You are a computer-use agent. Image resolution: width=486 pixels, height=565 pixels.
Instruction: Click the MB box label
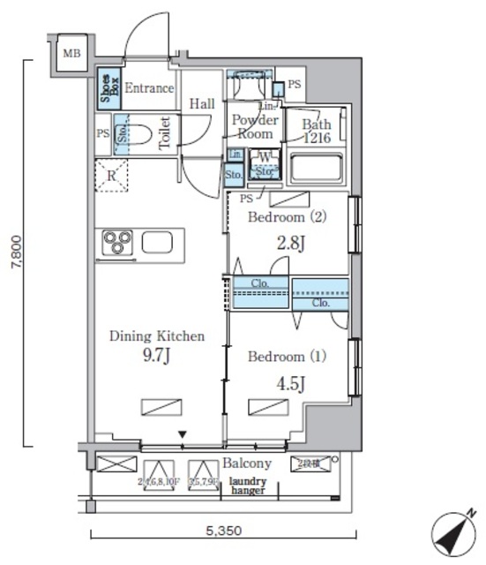(71, 54)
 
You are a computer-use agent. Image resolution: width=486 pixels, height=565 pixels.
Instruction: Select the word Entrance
(148, 88)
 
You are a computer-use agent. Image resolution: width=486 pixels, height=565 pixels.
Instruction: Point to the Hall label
(202, 104)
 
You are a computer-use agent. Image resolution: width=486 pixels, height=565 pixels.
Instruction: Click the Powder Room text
(256, 127)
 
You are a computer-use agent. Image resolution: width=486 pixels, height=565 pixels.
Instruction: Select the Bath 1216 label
(315, 132)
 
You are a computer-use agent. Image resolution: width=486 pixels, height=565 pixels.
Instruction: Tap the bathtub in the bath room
(316, 168)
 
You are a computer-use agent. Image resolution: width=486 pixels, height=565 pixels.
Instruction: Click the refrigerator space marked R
(112, 176)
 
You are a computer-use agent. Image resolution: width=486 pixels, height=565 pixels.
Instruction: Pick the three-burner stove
(117, 241)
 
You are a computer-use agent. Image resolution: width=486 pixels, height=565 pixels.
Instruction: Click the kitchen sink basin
(160, 241)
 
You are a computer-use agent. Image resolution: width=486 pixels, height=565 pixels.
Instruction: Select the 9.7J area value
(156, 358)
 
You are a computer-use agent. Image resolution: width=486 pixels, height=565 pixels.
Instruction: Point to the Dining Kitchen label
(157, 336)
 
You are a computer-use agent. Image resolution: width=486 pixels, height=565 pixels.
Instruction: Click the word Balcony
(247, 463)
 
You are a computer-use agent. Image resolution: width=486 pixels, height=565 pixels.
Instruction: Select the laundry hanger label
(248, 486)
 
